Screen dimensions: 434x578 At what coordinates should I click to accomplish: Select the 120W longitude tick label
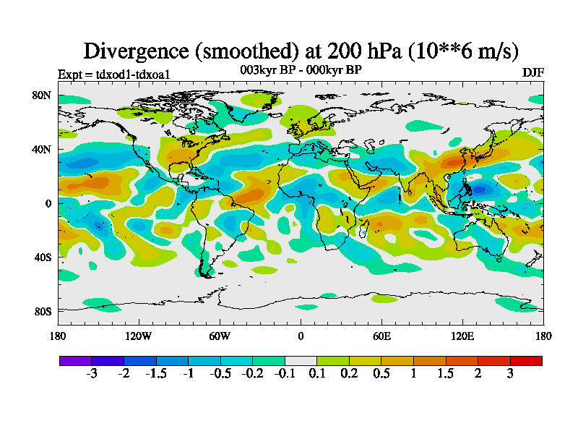(x=139, y=336)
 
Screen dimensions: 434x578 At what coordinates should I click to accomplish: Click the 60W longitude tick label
(x=220, y=336)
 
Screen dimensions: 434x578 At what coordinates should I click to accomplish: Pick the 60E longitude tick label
(x=381, y=336)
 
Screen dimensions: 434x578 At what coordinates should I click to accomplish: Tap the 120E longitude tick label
(x=462, y=336)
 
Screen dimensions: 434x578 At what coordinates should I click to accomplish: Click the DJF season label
(x=533, y=73)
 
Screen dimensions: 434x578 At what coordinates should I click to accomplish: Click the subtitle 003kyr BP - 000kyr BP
(x=301, y=70)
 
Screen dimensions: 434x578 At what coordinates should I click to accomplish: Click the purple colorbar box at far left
(x=75, y=360)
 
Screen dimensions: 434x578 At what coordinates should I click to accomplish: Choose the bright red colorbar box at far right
(x=526, y=360)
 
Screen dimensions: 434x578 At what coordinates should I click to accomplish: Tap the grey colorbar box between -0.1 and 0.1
(x=301, y=360)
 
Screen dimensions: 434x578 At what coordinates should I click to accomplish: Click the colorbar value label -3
(x=91, y=374)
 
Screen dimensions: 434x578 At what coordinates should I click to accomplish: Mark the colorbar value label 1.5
(x=446, y=374)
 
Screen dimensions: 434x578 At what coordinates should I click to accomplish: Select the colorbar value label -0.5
(x=220, y=374)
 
